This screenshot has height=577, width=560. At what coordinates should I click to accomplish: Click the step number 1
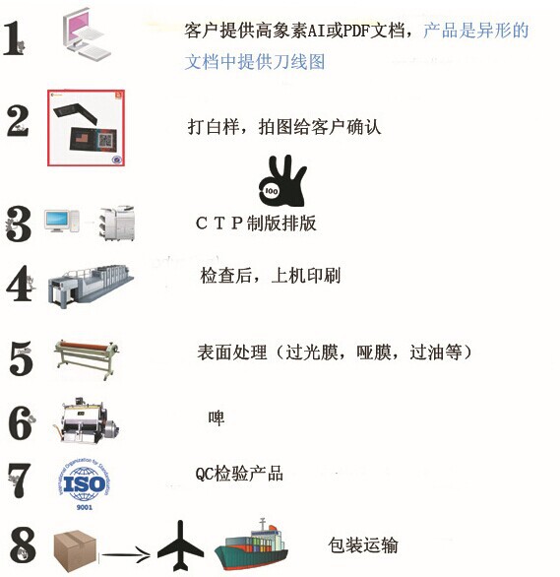pos(14,38)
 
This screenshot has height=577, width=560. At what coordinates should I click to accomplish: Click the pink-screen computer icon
pos(87,34)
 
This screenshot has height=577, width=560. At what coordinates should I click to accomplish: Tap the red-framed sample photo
pos(86,128)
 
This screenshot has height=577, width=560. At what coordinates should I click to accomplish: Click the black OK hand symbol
pos(282,181)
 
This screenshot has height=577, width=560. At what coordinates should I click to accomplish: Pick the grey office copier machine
pos(117,223)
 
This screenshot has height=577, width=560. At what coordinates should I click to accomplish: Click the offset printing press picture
pos(91,286)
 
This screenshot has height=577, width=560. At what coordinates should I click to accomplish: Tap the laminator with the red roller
pos(87,357)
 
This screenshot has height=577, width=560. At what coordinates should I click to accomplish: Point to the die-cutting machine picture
pos(90,420)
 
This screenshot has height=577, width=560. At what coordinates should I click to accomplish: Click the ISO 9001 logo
pos(85,483)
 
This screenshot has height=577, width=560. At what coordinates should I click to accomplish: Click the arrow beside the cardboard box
pos(125,553)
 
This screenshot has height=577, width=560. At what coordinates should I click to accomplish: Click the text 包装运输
pos(363,545)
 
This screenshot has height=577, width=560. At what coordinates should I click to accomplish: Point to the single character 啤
pos(217,418)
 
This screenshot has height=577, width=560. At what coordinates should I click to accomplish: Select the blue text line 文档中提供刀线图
pos(255,61)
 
